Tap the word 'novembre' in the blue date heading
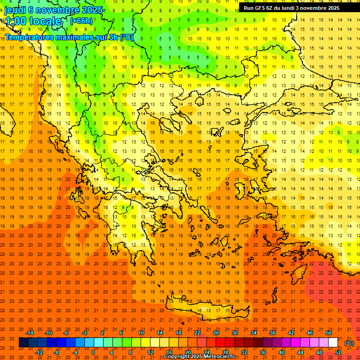[x=58, y=10]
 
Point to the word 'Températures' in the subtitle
[x=32, y=37]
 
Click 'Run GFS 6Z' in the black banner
[x=258, y=8]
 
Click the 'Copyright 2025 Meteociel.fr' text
[x=199, y=357]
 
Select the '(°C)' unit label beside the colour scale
[x=349, y=343]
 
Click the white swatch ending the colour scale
[x=333, y=343]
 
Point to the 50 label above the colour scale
[x=329, y=333]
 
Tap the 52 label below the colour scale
[x=338, y=352]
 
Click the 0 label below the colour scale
[x=93, y=352]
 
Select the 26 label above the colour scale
[x=216, y=333]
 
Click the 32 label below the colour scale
[x=244, y=352]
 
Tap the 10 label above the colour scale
[x=141, y=333]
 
